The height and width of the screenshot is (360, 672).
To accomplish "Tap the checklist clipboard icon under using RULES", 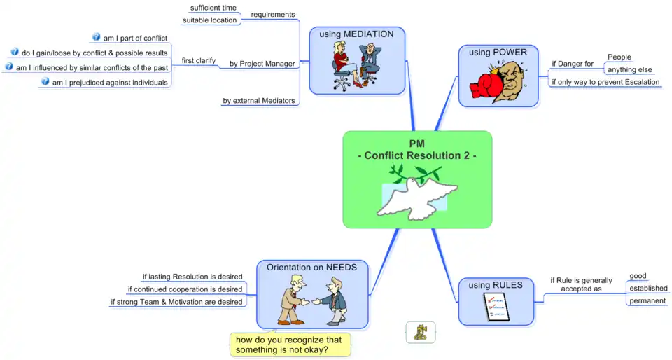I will [x=496, y=307].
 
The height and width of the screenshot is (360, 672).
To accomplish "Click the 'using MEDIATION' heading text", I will [x=356, y=34].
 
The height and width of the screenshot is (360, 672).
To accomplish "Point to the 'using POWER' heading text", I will [x=498, y=52].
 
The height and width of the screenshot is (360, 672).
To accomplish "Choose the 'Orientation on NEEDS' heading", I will [x=311, y=267].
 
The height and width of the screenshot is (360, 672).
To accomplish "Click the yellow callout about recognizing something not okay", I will [x=289, y=345].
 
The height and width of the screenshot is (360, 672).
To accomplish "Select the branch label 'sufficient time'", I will [x=213, y=8].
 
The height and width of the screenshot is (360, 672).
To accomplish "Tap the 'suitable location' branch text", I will [x=210, y=20].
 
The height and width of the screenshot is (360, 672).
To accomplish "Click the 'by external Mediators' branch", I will [x=259, y=101].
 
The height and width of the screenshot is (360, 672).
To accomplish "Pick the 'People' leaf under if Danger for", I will [x=619, y=57].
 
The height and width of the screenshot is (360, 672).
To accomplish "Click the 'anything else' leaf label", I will [x=629, y=70].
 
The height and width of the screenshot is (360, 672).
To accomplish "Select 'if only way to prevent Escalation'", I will [x=605, y=83].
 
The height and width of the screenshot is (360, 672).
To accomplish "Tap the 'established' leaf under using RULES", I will [x=648, y=288].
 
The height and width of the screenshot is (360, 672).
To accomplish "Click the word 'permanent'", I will [x=647, y=300].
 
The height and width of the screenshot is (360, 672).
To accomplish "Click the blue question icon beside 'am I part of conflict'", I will [x=97, y=37].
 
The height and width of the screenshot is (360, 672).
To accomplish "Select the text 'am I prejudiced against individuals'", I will [x=110, y=83].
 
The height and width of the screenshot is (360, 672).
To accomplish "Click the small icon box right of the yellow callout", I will [x=421, y=332].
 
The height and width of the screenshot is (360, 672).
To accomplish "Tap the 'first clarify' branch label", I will [x=199, y=61].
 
